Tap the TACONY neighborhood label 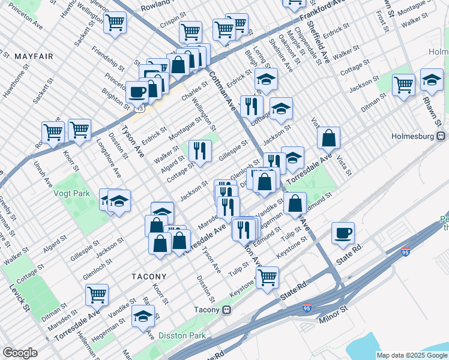coord(149,277)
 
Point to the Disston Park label coord(182,335)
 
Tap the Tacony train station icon coord(227,310)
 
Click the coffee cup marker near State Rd coord(343,233)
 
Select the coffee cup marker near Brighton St coord(137,92)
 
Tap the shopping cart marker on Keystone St coord(267,277)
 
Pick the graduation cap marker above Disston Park coord(143,316)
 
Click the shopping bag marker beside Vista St coord(329,138)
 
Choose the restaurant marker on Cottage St coord(200,151)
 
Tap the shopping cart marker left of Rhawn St coord(404,84)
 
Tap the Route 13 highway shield coord(140,109)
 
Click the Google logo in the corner coord(20,353)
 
